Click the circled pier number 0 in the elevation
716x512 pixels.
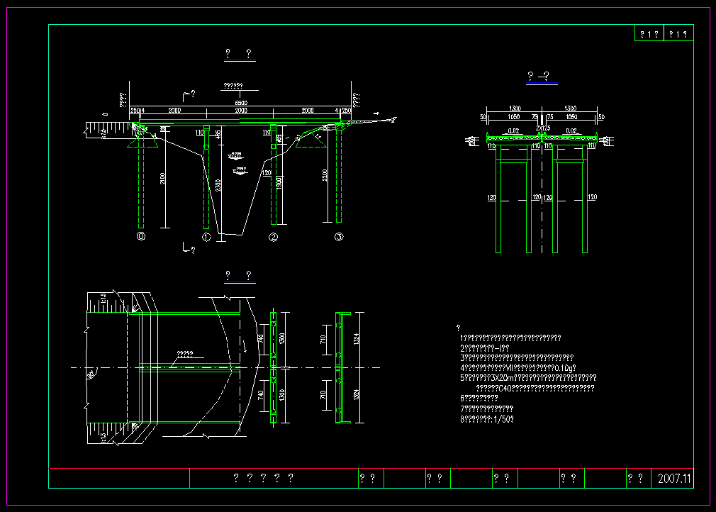(x=141, y=237)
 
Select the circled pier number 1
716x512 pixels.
(x=206, y=237)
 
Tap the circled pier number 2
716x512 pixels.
(x=273, y=237)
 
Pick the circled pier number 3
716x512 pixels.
(x=339, y=237)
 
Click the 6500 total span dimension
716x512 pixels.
(x=241, y=104)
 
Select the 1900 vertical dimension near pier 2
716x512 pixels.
(x=281, y=182)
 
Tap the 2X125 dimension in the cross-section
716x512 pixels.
(x=542, y=128)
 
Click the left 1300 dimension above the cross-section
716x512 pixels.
(x=515, y=108)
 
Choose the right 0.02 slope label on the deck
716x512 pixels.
(x=571, y=130)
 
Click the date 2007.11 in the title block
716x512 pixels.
(x=673, y=479)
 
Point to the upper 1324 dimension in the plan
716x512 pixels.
(x=358, y=340)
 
